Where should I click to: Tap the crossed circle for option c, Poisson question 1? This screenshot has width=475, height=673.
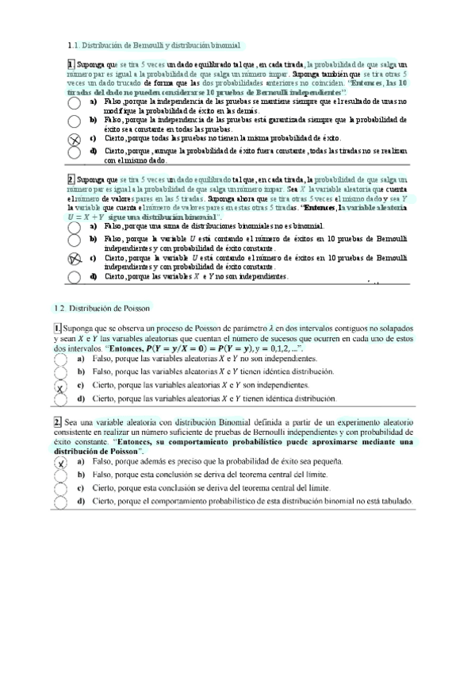[60, 387]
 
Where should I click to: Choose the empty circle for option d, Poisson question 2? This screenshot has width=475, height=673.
[60, 502]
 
